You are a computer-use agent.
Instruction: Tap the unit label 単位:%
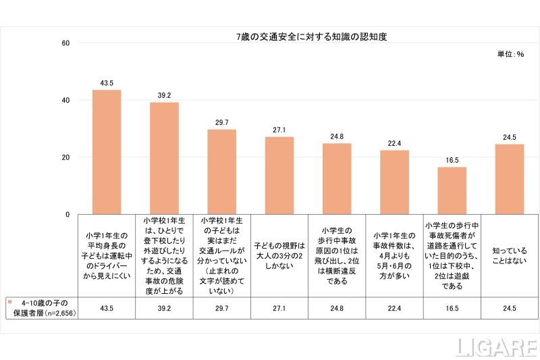point(511,53)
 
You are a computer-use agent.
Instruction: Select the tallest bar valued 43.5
point(107,152)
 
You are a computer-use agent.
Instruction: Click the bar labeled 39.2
point(164,158)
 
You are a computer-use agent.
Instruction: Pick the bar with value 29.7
point(221,172)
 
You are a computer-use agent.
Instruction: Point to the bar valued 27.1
point(279,176)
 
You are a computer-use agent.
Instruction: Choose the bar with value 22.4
point(395,182)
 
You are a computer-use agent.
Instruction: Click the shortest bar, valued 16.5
point(452,190)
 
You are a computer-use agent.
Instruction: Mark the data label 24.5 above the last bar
point(510,137)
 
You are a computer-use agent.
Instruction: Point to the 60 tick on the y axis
point(65,43)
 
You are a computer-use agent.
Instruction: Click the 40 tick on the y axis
point(65,100)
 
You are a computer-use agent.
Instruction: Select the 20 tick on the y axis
point(65,157)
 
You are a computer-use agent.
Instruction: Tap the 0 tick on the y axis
point(67,214)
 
